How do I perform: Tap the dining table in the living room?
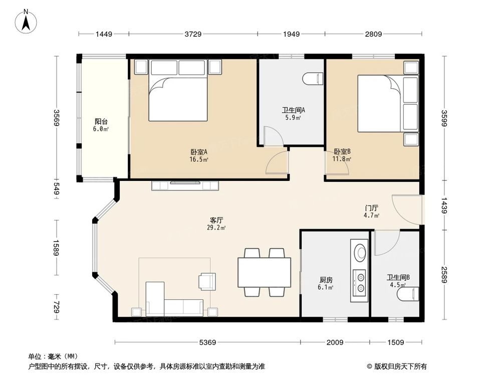click(x=264, y=272)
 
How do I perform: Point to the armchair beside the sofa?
click(x=207, y=281)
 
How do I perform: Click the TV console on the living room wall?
click(x=185, y=185)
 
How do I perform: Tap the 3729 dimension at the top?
click(x=193, y=34)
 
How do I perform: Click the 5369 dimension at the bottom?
click(x=207, y=343)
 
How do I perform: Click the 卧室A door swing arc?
click(x=276, y=163)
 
